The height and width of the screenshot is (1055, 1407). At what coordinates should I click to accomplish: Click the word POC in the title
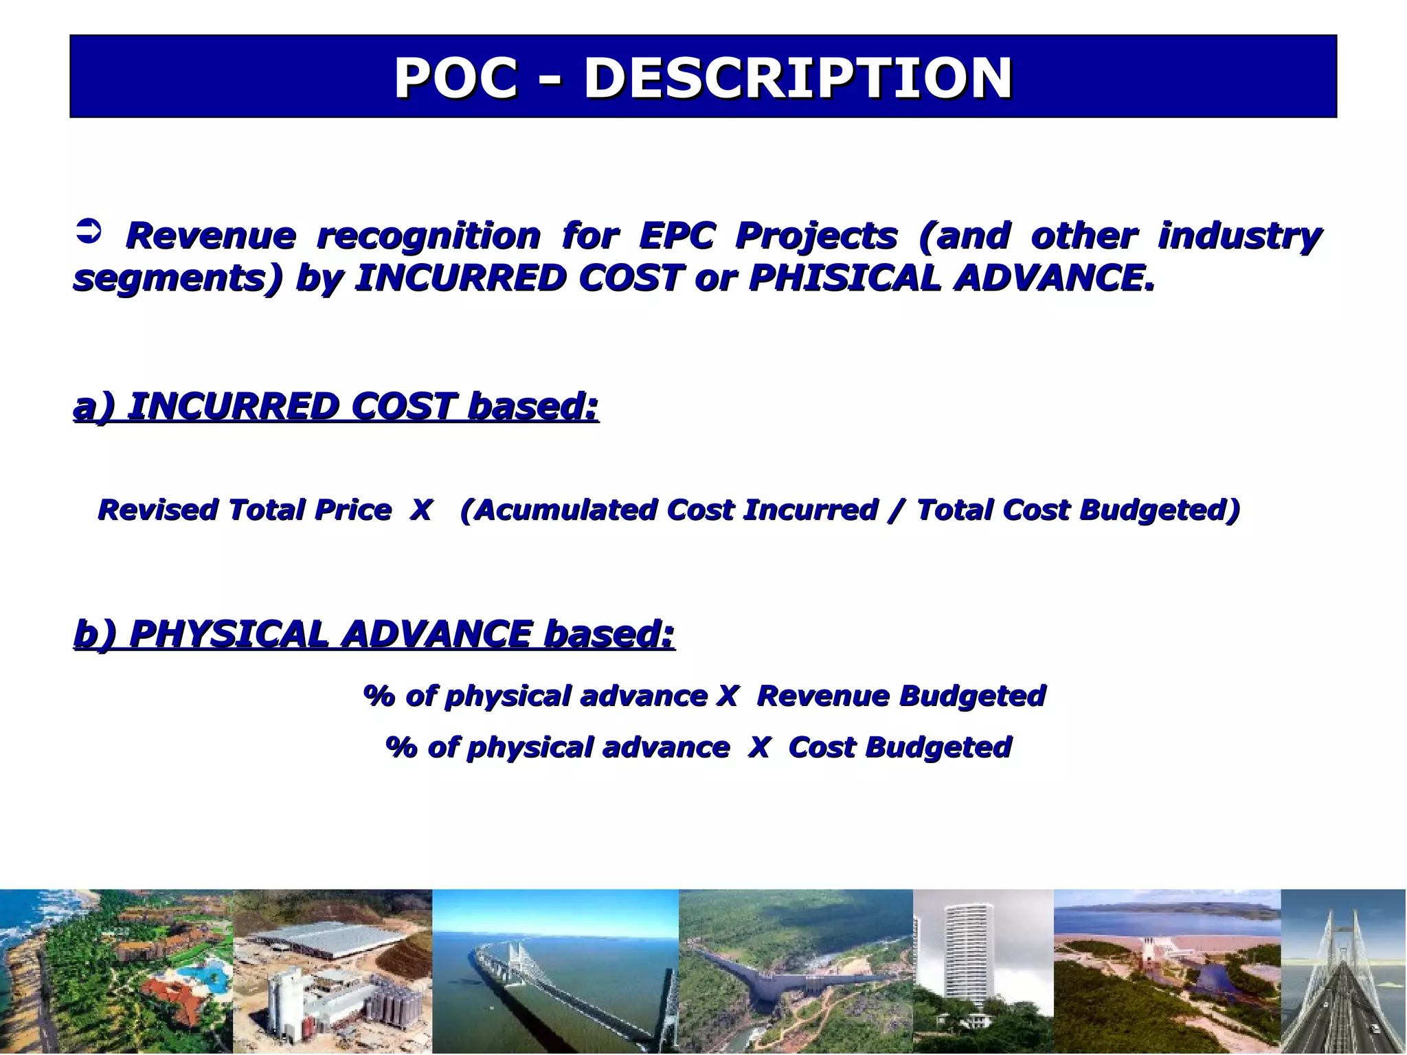455,78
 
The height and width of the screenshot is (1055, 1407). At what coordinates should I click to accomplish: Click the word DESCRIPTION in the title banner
798,78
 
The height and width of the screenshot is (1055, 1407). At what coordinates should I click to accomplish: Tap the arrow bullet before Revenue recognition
87,231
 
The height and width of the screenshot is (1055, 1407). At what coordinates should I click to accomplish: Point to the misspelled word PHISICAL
844,278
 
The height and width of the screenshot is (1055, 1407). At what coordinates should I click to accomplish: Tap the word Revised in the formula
157,510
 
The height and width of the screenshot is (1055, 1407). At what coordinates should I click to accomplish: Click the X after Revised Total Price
420,510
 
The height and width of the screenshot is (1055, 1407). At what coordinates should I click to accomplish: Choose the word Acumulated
563,510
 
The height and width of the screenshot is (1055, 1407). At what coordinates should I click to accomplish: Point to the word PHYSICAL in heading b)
228,633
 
